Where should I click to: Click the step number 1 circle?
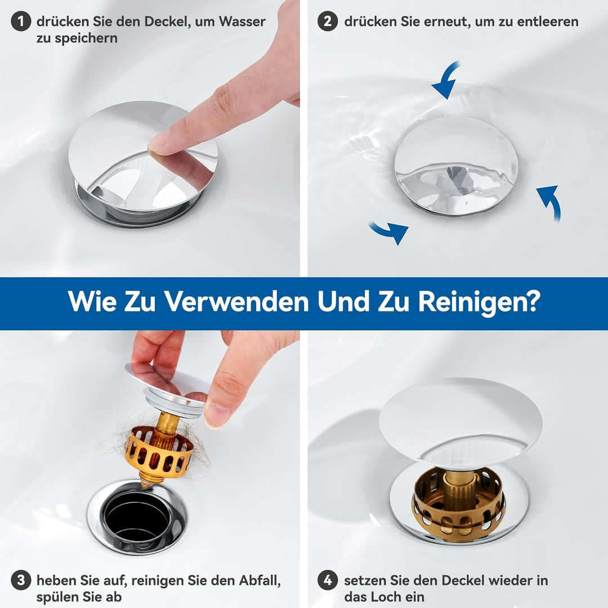(21, 21)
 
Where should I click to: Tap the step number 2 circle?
(328, 21)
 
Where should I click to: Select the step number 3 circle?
(21, 580)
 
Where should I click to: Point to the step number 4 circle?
(328, 580)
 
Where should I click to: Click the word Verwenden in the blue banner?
(236, 301)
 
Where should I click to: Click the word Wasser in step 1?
(242, 21)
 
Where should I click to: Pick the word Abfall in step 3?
(260, 580)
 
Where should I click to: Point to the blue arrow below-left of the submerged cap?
(390, 231)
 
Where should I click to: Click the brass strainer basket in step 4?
(459, 502)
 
